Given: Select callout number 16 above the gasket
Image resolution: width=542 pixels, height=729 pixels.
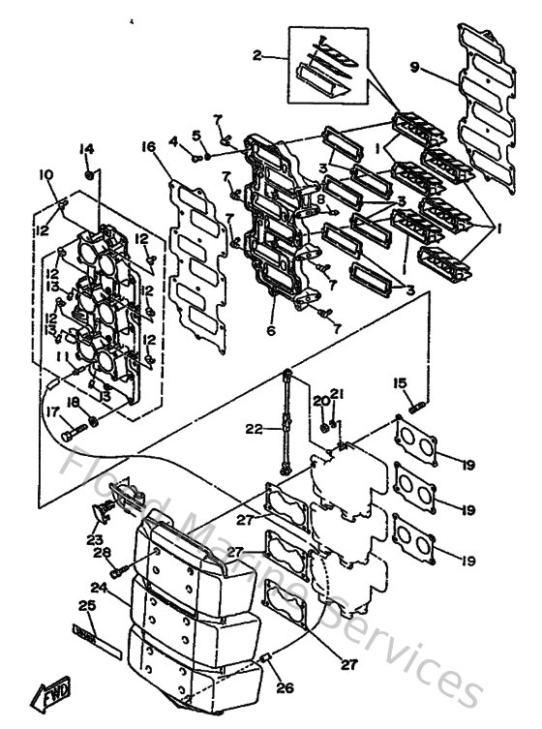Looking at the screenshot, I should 148,147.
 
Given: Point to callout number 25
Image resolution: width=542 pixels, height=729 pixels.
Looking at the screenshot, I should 88,606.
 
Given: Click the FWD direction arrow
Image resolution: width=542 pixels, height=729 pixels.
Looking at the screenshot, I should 50,693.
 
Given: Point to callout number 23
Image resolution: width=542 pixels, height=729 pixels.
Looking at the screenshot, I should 95,539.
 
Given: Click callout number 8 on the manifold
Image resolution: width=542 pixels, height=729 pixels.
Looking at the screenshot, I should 320,199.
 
